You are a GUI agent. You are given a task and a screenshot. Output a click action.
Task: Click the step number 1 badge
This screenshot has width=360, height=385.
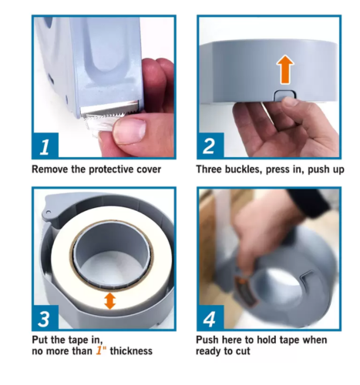point(45,146)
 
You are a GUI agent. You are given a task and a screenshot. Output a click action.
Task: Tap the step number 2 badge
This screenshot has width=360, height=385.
point(210,146)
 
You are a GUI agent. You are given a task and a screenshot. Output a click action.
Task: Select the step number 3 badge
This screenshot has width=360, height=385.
point(45,318)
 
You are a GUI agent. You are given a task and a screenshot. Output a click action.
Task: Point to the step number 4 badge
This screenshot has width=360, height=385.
point(210,318)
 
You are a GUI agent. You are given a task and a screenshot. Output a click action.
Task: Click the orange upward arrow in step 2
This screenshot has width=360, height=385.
point(285,69)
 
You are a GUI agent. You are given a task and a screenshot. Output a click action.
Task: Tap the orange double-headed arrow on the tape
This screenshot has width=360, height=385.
point(110,301)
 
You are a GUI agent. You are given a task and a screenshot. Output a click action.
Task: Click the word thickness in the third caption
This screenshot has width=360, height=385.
point(131,351)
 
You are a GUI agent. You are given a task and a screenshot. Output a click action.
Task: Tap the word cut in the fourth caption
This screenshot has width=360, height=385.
point(243,351)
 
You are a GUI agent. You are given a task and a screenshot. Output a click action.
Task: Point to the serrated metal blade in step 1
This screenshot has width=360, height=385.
point(110,110)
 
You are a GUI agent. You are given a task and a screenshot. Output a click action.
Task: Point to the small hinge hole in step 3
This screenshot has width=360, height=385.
point(49,212)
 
